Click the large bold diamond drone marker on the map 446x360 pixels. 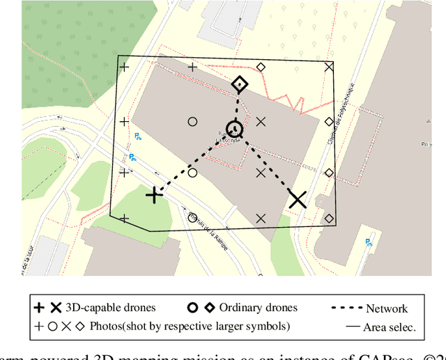point(239,85)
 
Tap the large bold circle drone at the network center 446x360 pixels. point(234,129)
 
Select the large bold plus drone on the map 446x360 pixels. point(154,195)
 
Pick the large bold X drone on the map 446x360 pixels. point(298,200)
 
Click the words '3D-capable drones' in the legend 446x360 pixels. point(110,307)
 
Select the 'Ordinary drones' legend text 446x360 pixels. point(258,307)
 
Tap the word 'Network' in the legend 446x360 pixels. point(387,308)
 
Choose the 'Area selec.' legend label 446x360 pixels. point(391,327)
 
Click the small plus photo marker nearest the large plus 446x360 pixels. point(125,173)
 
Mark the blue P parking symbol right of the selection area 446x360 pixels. point(367,242)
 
